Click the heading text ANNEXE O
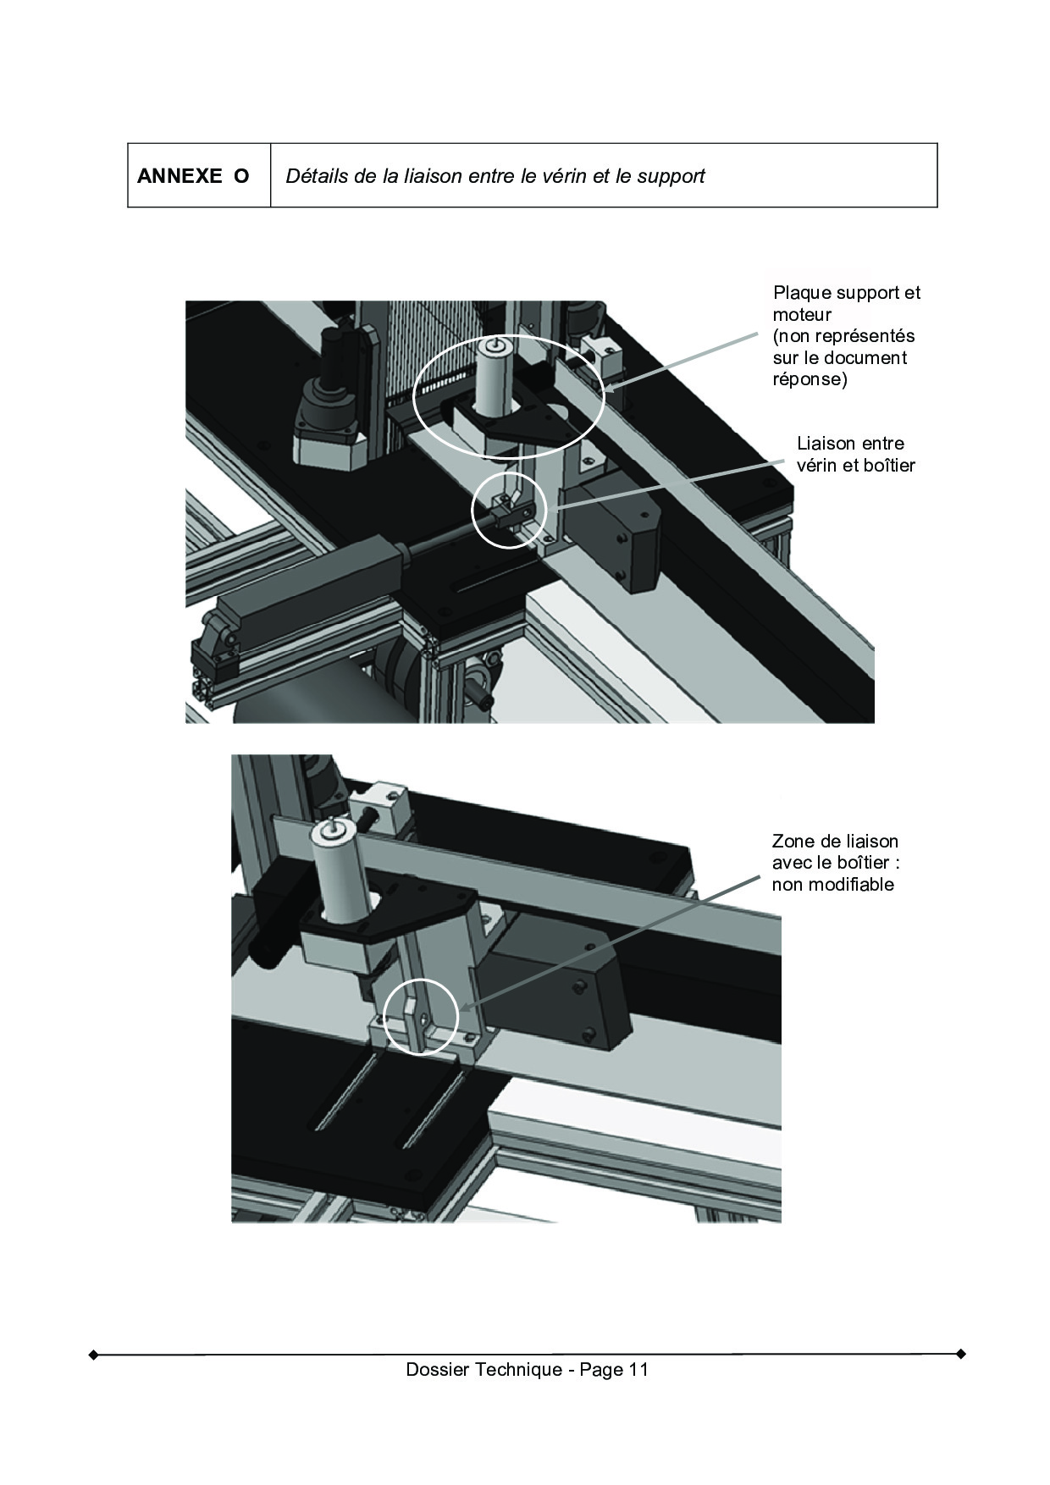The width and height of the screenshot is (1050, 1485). point(193,176)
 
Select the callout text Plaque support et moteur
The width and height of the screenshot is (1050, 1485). point(846,303)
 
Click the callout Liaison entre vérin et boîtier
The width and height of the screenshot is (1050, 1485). point(855,454)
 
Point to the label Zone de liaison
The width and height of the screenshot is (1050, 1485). point(835,841)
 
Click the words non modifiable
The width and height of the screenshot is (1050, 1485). point(832,885)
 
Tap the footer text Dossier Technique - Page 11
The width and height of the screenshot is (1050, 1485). point(527,1369)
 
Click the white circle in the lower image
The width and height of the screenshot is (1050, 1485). point(385,1016)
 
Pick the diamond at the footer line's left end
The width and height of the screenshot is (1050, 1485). point(93,1355)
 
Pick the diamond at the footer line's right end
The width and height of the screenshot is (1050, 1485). point(960,1354)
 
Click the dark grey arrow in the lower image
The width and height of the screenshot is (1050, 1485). point(608,946)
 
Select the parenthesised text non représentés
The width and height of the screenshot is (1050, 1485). point(843,336)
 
